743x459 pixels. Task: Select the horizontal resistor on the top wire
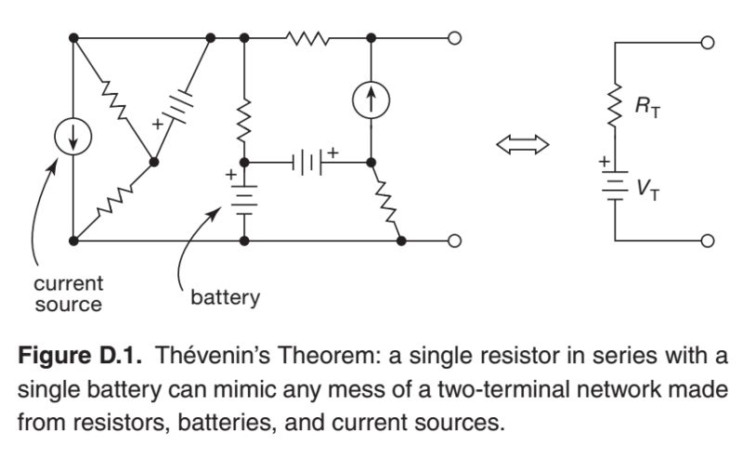[x=306, y=39]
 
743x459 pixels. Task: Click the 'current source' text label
[x=68, y=291]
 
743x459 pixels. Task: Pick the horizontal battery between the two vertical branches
[x=307, y=161]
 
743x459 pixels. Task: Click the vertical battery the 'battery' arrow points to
[x=243, y=198]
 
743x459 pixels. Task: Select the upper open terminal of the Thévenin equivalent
[x=708, y=44]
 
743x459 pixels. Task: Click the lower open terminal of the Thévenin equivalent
[x=708, y=241]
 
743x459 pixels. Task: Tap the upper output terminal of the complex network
[x=454, y=39]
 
